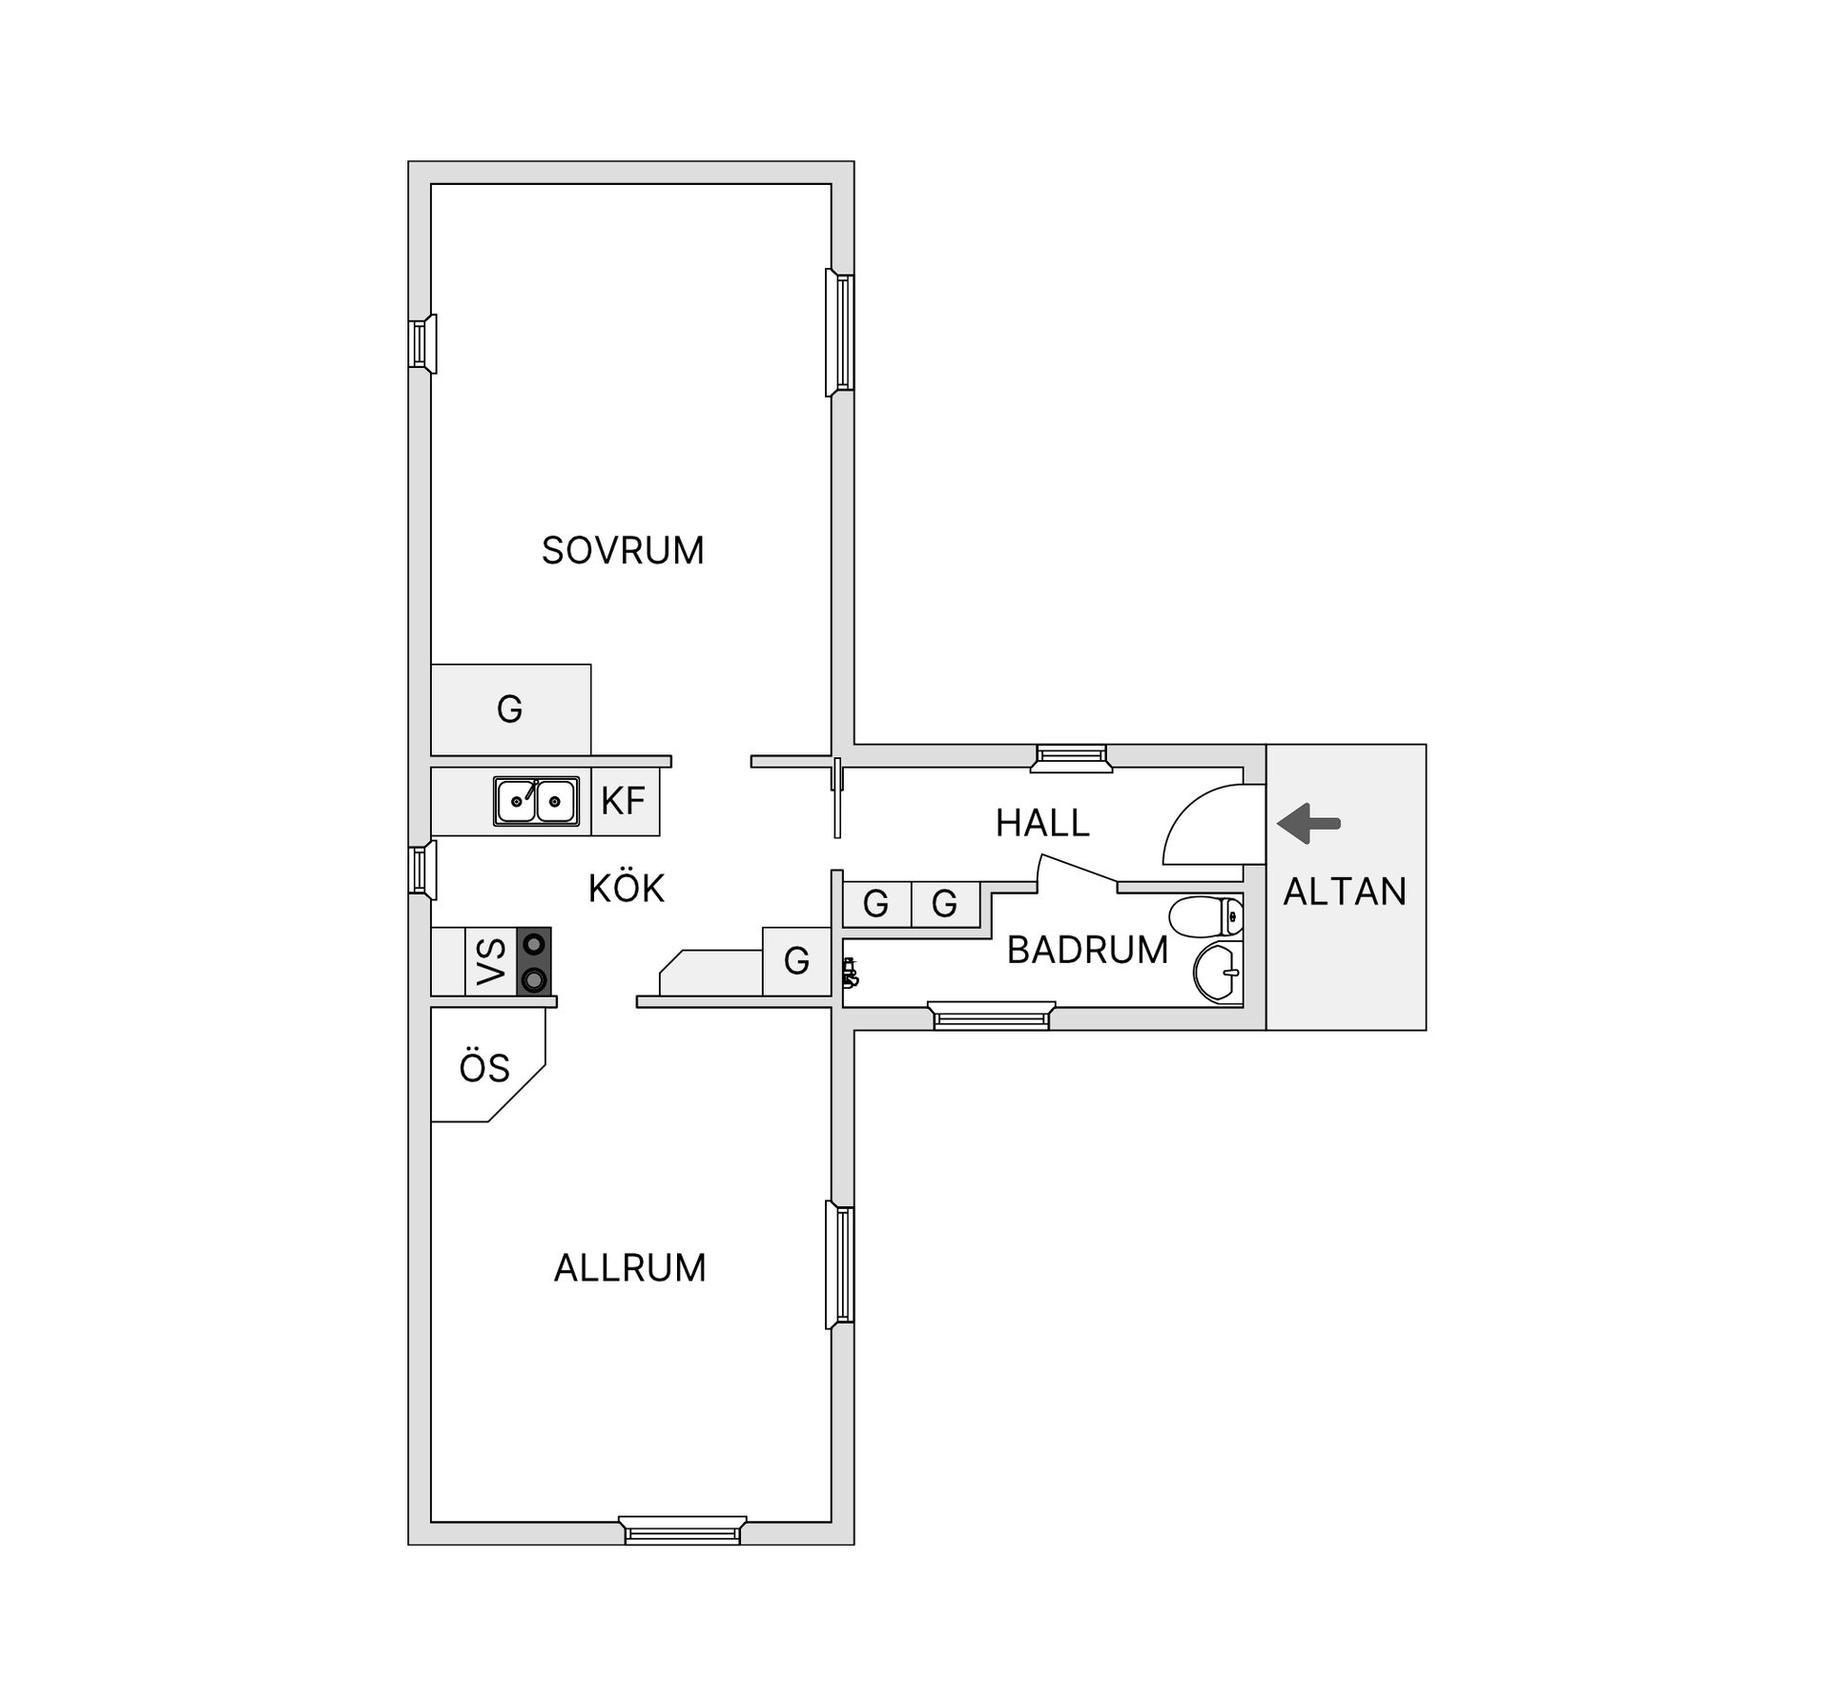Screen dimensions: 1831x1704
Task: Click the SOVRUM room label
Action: [623, 551]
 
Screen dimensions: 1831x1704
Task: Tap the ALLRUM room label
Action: [629, 1268]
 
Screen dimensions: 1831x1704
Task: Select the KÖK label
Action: [626, 888]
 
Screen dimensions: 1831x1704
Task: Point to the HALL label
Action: [1042, 823]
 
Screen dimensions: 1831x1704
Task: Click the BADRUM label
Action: [1087, 950]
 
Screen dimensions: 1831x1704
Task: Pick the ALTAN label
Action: [1345, 892]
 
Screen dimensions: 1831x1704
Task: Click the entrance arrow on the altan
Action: [1308, 823]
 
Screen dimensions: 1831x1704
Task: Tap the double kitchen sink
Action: [536, 801]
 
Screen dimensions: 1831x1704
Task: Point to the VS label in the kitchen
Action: [491, 961]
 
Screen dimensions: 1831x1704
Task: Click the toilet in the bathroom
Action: [1205, 916]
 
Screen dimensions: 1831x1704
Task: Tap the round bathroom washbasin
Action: [1218, 973]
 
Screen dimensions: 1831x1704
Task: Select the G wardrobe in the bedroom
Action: [511, 709]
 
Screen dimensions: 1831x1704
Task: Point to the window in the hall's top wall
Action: [1072, 757]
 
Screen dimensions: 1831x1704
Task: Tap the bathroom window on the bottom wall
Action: [992, 1016]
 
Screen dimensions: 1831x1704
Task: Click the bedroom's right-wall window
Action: [840, 332]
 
